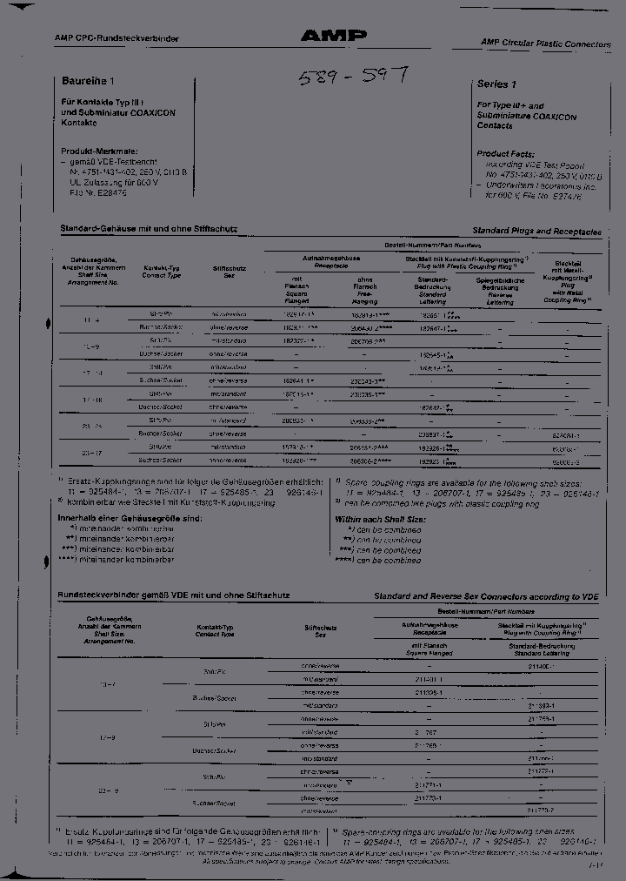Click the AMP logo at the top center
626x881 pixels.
(x=334, y=36)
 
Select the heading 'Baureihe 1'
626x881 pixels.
(x=87, y=81)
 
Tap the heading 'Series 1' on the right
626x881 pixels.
(x=496, y=84)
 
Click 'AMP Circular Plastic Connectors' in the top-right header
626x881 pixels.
(x=545, y=43)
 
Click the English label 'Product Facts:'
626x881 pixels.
(x=506, y=151)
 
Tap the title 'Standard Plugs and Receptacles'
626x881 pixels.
(x=536, y=232)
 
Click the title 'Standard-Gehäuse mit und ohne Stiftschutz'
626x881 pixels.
(x=148, y=228)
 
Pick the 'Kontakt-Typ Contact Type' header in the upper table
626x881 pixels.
(x=162, y=272)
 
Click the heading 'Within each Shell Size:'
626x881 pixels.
(x=380, y=519)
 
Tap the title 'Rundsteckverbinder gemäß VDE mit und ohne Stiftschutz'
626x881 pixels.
(x=174, y=595)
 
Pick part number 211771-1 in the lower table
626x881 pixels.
(x=428, y=784)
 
